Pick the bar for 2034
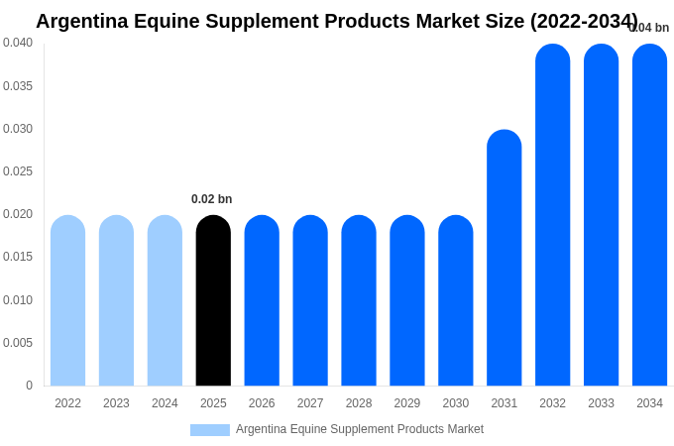[649, 215]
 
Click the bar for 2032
[552, 215]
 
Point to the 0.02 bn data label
[211, 199]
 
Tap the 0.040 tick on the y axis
[18, 43]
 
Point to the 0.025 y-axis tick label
[18, 171]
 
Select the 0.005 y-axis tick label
[18, 343]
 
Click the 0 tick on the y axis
[29, 386]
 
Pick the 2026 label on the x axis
[262, 403]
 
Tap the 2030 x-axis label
[456, 403]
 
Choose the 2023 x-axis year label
[116, 403]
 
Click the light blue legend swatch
[209, 430]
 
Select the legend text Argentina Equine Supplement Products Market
[360, 429]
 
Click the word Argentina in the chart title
[83, 21]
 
